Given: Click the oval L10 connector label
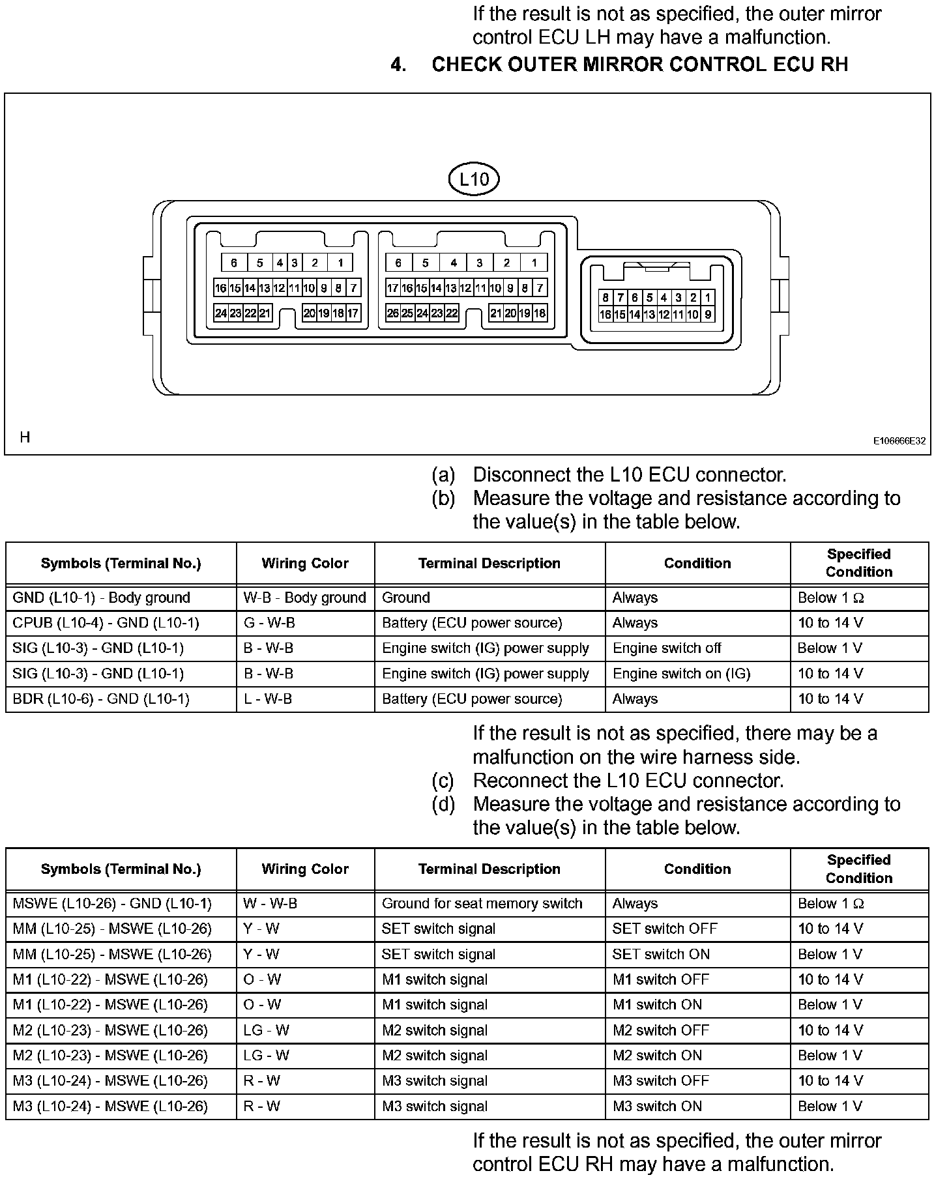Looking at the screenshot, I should [474, 179].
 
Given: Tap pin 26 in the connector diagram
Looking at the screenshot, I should [392, 313].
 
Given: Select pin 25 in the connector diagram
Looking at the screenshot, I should [407, 313].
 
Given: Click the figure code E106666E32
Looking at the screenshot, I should [899, 441].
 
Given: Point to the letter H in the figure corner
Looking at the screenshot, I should [25, 437].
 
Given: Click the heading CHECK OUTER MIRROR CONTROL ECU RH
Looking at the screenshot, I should [639, 65].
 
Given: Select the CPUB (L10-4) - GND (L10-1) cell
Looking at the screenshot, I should [106, 623].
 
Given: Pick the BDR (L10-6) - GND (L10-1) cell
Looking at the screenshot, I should [101, 699].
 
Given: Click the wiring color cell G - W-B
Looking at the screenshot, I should [269, 623].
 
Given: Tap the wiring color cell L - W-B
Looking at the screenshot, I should [268, 699].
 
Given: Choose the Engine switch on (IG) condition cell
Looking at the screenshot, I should [682, 674].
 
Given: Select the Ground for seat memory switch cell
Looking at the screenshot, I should [482, 904].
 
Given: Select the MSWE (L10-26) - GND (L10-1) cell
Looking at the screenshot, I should [112, 904].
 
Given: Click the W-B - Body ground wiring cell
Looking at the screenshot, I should [305, 598].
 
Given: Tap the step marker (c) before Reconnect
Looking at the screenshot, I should [443, 781].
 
